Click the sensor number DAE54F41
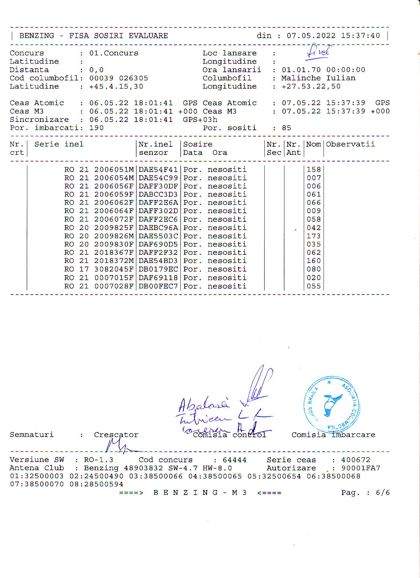pyautogui.click(x=158, y=170)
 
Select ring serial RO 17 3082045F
pyautogui.click(x=99, y=269)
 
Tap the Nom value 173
pyautogui.click(x=313, y=236)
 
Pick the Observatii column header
pyautogui.click(x=350, y=144)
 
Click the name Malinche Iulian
pyautogui.click(x=318, y=78)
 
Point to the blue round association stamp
pyautogui.click(x=331, y=404)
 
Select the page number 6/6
pyautogui.click(x=382, y=493)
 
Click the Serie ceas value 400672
pyautogui.click(x=355, y=460)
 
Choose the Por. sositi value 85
pyautogui.click(x=286, y=128)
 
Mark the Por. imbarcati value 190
pyautogui.click(x=96, y=128)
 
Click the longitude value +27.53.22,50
pyautogui.click(x=311, y=86)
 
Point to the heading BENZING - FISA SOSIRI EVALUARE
pyautogui.click(x=93, y=36)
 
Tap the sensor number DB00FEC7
pyautogui.click(x=158, y=286)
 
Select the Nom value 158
pyautogui.click(x=313, y=170)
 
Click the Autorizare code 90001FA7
pyautogui.click(x=360, y=468)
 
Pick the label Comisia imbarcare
pyautogui.click(x=333, y=435)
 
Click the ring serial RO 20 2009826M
pyautogui.click(x=99, y=236)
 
